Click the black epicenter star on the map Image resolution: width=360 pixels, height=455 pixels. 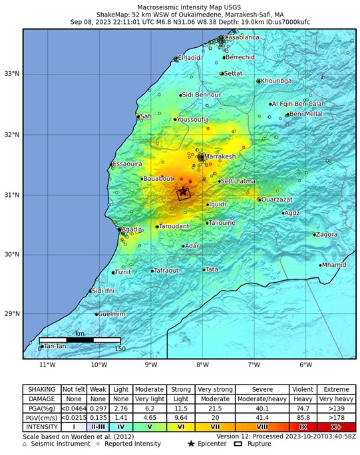click(183, 192)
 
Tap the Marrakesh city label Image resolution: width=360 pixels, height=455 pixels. click(220, 157)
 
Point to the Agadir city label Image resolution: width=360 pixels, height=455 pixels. click(131, 229)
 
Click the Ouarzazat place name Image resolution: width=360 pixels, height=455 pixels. click(276, 200)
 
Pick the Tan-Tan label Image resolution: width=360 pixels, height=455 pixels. click(55, 346)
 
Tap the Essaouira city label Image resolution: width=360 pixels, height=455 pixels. click(127, 164)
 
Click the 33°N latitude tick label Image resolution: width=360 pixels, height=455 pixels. click(12, 74)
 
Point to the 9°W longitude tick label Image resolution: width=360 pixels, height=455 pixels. click(150, 365)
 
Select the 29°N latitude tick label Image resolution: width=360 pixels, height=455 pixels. click(12, 314)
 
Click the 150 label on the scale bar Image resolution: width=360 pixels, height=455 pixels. click(120, 349)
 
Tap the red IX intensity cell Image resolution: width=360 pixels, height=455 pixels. click(303, 426)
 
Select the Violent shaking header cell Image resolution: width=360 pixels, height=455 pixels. click(303, 389)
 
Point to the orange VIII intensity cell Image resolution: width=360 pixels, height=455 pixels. click(262, 426)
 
